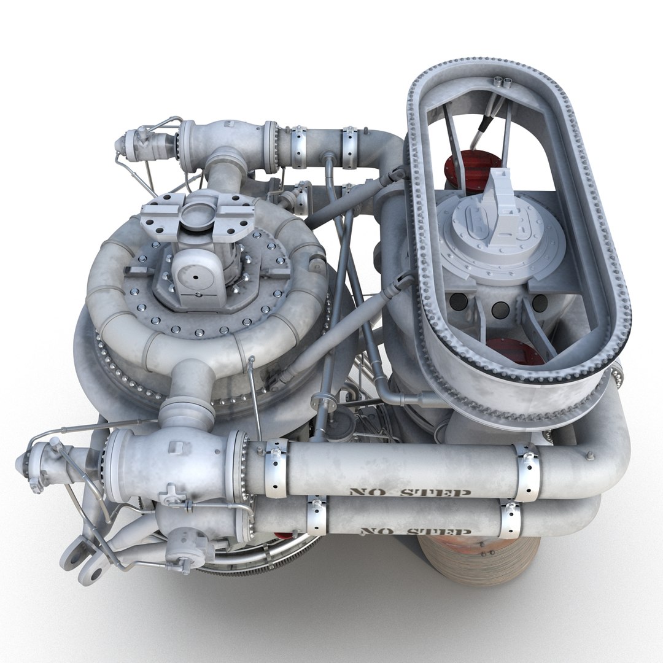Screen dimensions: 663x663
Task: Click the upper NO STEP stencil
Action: (x=409, y=492)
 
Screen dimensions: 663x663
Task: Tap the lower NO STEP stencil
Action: (x=416, y=531)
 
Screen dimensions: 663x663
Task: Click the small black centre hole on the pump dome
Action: (x=195, y=277)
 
